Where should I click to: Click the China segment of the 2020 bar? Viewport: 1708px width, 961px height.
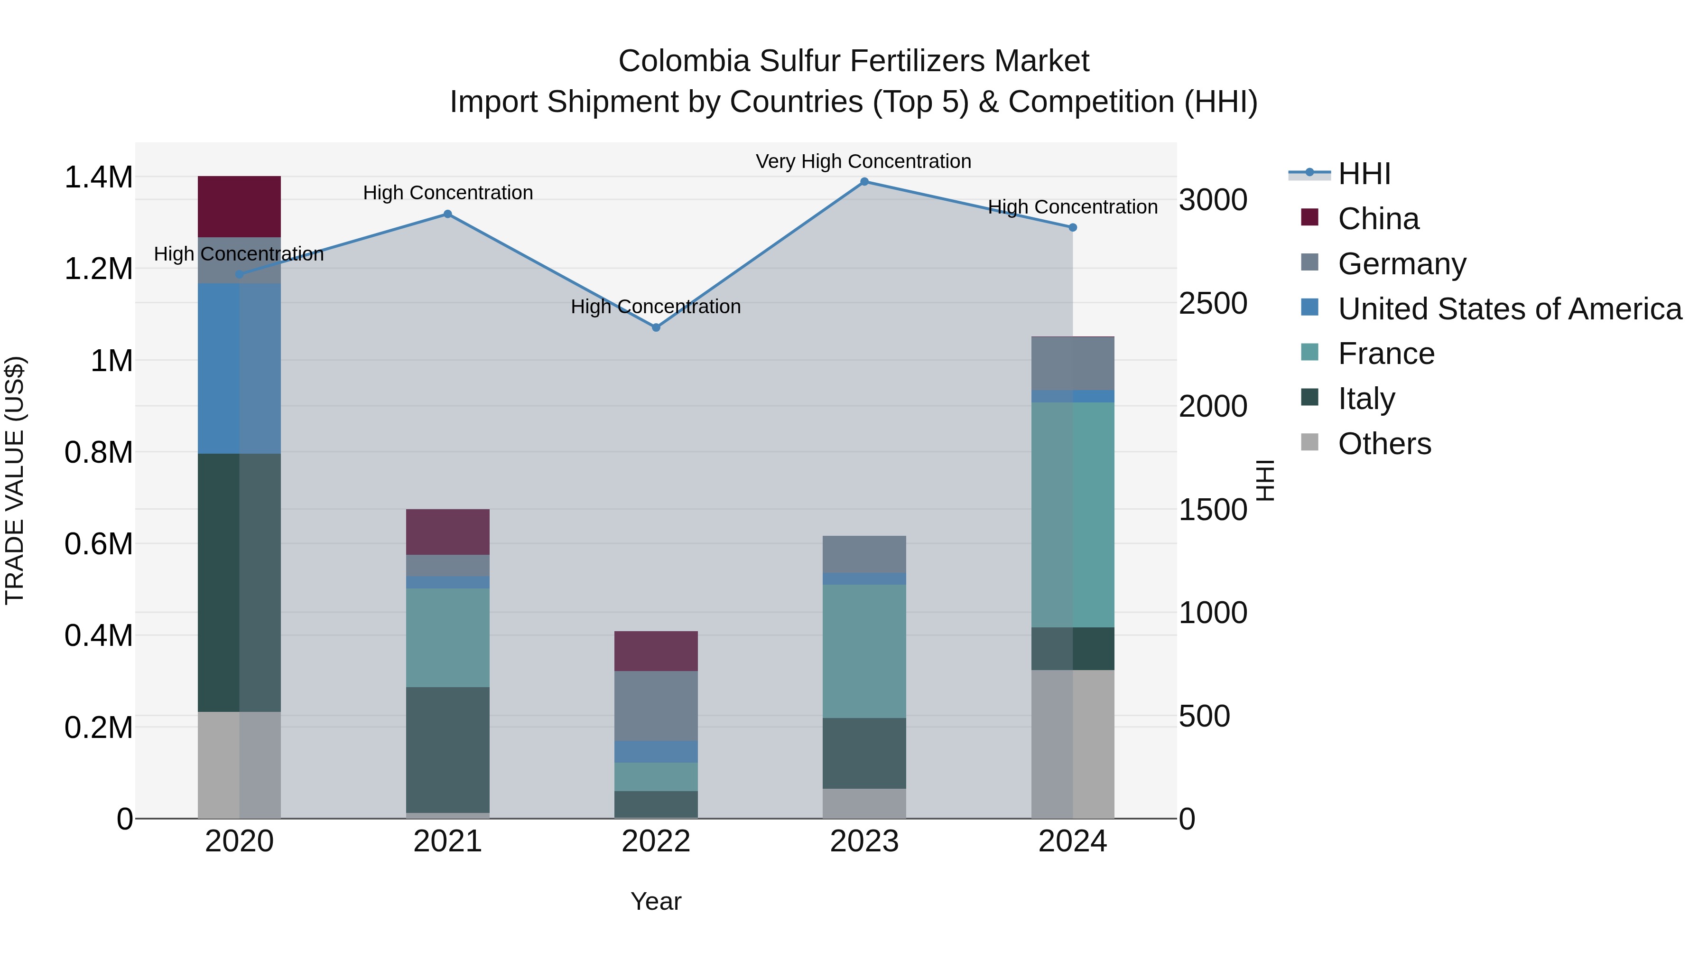pyautogui.click(x=240, y=206)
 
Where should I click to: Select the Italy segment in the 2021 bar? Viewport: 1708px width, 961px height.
pyautogui.click(x=447, y=749)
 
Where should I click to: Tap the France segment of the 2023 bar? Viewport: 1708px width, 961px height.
pyautogui.click(x=864, y=651)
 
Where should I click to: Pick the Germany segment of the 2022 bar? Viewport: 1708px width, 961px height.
pyautogui.click(x=656, y=706)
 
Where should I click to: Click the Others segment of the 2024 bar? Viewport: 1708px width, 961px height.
pyautogui.click(x=1072, y=744)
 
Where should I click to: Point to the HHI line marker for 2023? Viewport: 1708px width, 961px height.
pyautogui.click(x=864, y=182)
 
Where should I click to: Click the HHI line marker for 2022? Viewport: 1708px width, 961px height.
pyautogui.click(x=656, y=327)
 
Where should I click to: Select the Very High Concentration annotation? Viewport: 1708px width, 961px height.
pyautogui.click(x=863, y=161)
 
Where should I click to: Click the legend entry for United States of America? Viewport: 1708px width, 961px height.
pyautogui.click(x=1510, y=309)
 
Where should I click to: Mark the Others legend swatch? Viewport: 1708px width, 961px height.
pyautogui.click(x=1309, y=442)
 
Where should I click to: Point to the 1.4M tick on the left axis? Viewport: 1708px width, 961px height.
pyautogui.click(x=98, y=178)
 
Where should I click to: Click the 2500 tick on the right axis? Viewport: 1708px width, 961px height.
pyautogui.click(x=1213, y=304)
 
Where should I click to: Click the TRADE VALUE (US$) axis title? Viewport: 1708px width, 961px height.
pyautogui.click(x=15, y=480)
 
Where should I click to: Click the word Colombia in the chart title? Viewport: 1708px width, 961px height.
pyautogui.click(x=684, y=62)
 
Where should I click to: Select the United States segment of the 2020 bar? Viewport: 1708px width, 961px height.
pyautogui.click(x=240, y=369)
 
